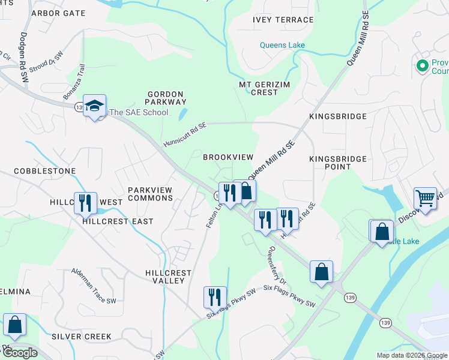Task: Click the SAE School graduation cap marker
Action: [x=94, y=106]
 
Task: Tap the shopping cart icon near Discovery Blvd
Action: [x=425, y=199]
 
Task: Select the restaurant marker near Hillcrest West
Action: [x=85, y=203]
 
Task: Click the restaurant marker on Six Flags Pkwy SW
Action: [x=215, y=297]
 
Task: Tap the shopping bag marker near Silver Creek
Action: [x=14, y=325]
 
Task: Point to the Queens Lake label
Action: [x=282, y=45]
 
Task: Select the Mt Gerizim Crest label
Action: [x=264, y=88]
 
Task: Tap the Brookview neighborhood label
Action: [x=228, y=157]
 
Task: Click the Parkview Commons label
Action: [x=150, y=194]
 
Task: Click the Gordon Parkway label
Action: [x=167, y=98]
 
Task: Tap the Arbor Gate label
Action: [x=59, y=13]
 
